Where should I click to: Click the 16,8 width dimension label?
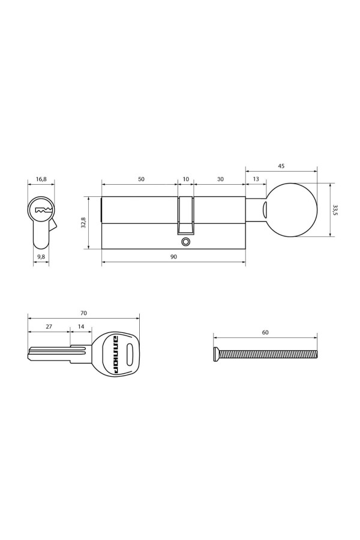(41, 179)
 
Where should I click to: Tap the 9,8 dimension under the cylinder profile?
(41, 256)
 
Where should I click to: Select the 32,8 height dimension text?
(83, 223)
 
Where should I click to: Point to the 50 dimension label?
(141, 179)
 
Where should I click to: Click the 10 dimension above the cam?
(185, 179)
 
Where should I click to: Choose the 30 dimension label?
(220, 179)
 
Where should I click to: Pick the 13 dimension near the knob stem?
(256, 179)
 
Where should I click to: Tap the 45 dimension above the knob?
(281, 166)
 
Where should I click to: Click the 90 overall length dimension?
(173, 257)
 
